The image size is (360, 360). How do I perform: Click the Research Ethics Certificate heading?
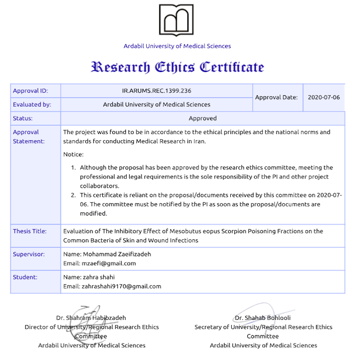tap(177, 67)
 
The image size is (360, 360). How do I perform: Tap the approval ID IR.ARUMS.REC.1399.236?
tap(156, 91)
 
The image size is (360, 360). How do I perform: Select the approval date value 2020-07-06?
tap(323, 97)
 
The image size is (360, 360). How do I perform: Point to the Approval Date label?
tap(276, 97)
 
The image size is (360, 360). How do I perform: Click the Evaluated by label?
tap(32, 104)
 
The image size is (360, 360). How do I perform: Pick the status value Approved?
tap(202, 119)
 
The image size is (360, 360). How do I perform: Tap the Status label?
tap(23, 119)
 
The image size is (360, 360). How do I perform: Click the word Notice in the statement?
tap(73, 155)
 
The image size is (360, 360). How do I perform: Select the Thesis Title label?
tap(30, 231)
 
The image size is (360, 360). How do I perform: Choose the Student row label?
tap(25, 277)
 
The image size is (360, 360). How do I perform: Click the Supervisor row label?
tap(29, 254)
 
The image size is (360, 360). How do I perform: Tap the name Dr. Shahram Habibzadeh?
tap(91, 318)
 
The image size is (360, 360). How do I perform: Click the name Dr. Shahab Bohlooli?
tap(263, 318)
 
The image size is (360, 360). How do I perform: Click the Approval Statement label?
tap(29, 137)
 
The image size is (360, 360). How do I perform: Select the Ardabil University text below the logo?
tap(177, 46)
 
